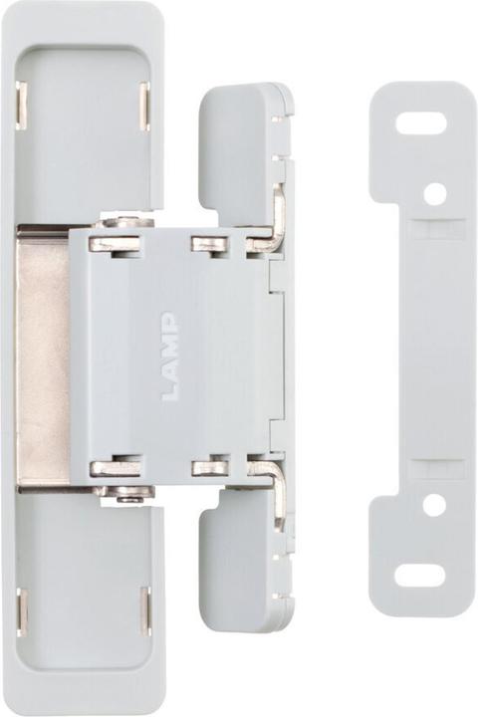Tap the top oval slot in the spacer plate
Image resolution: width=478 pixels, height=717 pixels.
click(x=421, y=123)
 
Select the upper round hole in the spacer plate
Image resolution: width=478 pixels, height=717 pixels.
click(x=434, y=193)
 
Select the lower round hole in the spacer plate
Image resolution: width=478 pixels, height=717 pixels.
click(x=434, y=505)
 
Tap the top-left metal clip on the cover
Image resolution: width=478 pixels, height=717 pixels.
click(x=22, y=104)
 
